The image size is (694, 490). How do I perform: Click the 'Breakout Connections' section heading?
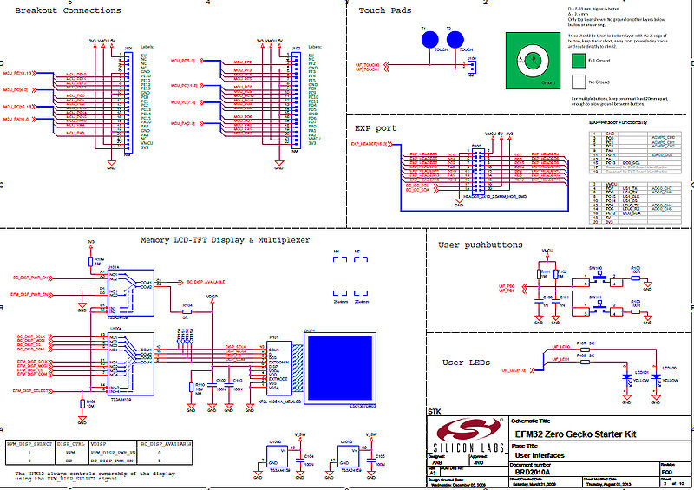tap(69, 10)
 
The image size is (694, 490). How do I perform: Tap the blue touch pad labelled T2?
tap(454, 41)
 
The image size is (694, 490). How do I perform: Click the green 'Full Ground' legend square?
tap(579, 61)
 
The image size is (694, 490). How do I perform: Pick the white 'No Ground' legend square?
tap(579, 82)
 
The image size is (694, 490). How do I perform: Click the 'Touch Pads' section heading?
tap(385, 10)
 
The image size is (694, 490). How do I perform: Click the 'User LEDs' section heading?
tap(465, 362)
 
